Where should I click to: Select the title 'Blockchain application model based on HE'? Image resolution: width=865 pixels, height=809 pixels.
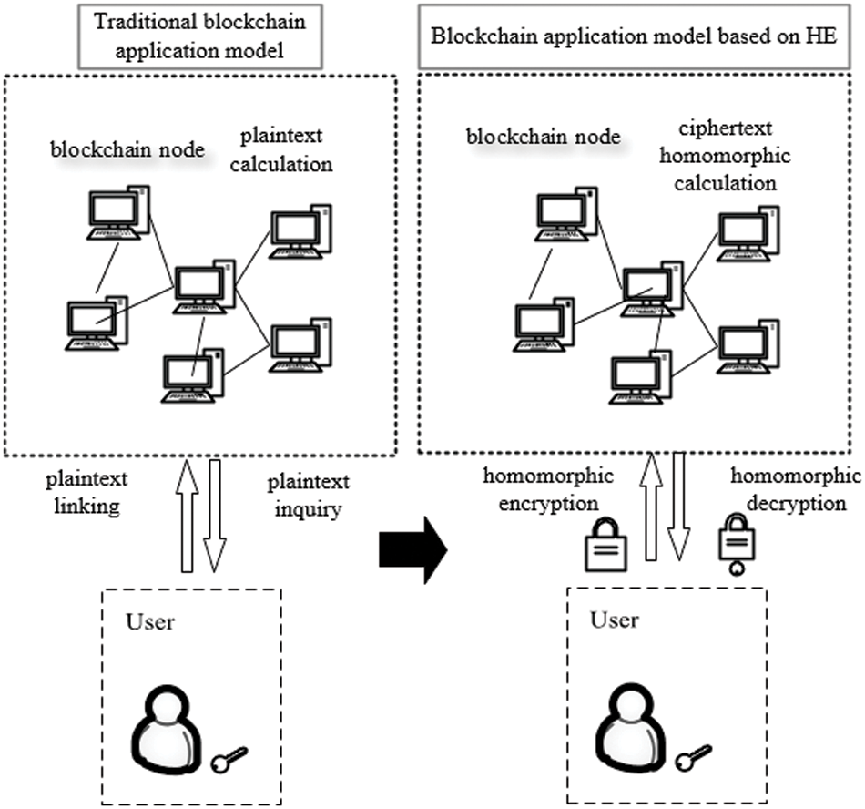(x=640, y=37)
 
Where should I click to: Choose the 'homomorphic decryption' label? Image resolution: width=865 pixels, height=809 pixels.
(x=796, y=489)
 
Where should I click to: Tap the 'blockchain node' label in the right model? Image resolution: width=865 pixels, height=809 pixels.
(x=543, y=138)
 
